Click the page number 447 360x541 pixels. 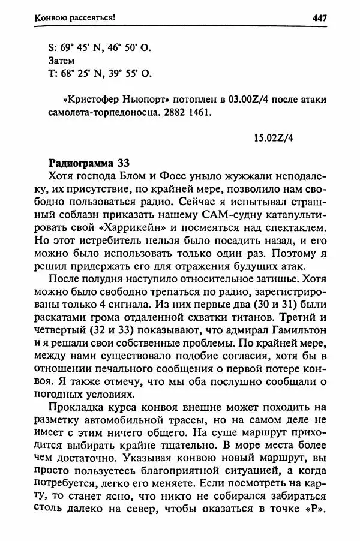[319, 18]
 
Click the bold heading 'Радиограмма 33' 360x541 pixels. [85, 163]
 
